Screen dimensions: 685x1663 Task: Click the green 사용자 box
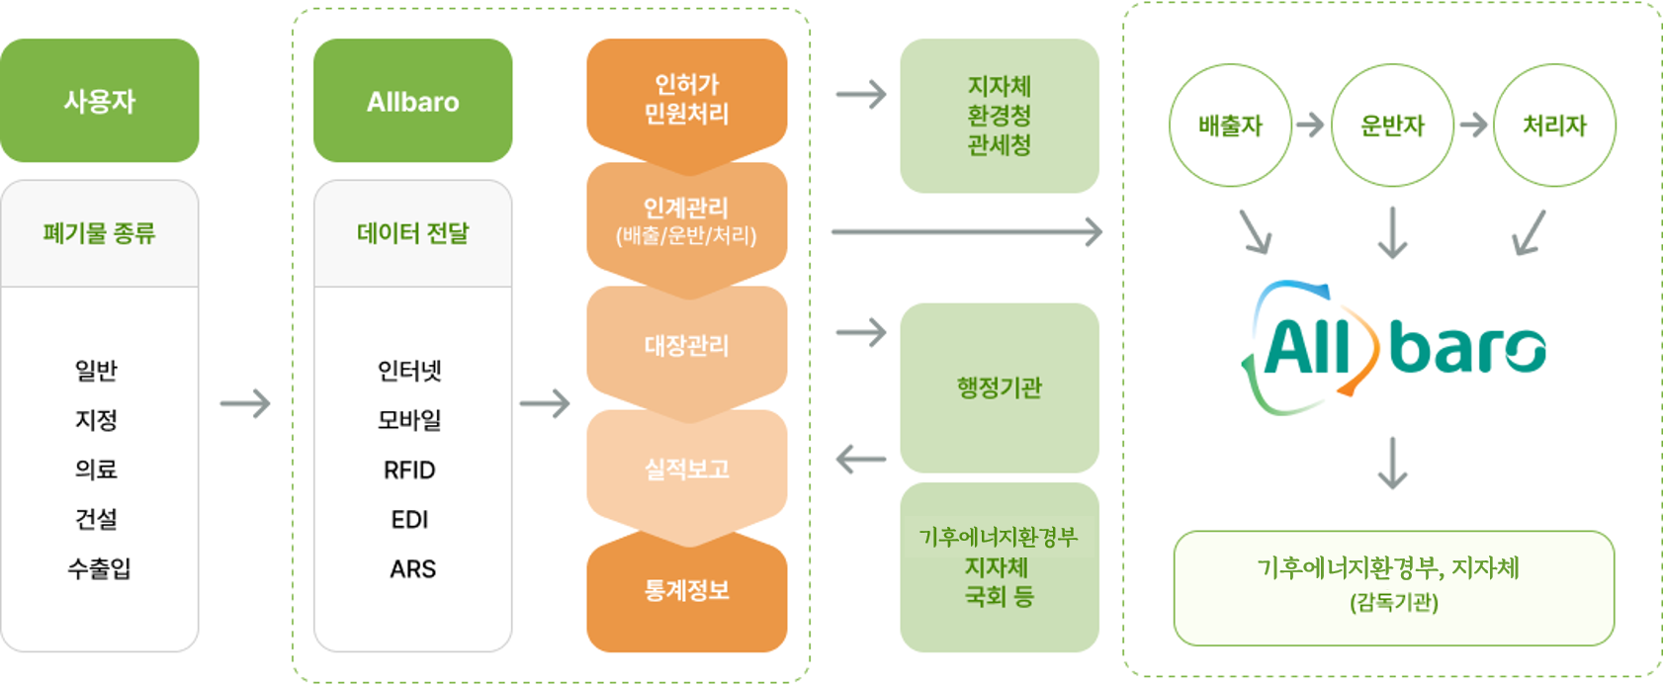click(x=99, y=101)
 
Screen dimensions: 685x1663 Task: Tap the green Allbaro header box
click(x=412, y=101)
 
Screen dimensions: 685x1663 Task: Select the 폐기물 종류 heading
click(x=99, y=233)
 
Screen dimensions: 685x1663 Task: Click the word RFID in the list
click(x=409, y=470)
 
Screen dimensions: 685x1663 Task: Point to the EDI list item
click(x=409, y=519)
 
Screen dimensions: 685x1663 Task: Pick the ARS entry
click(x=412, y=568)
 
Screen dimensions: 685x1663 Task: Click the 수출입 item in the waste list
click(x=99, y=568)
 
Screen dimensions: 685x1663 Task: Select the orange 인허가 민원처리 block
click(x=686, y=99)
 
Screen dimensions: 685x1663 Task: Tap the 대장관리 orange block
click(x=686, y=345)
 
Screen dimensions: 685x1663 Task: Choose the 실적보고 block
click(x=686, y=469)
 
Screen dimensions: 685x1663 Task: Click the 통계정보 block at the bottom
click(x=686, y=591)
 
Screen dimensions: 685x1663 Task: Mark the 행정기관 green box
click(x=999, y=387)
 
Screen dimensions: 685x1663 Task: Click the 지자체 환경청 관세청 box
click(x=999, y=116)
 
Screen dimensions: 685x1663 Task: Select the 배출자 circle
click(x=1230, y=126)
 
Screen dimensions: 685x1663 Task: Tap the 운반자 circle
click(x=1392, y=126)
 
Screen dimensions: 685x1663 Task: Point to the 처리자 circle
click(x=1554, y=126)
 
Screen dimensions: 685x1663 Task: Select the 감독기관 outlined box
click(x=1393, y=587)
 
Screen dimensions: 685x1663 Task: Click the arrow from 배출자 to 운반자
click(x=1310, y=125)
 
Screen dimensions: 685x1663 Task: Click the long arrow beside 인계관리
click(x=966, y=231)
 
